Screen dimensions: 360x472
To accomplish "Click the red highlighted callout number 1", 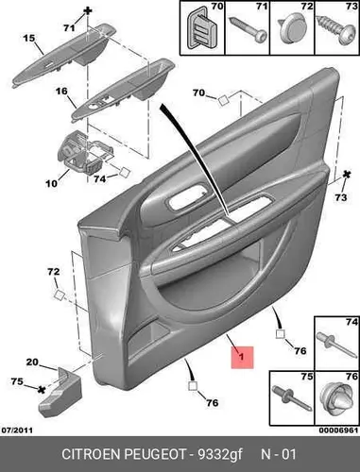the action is tap(242, 357).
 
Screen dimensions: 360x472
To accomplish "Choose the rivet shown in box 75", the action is tap(292, 397).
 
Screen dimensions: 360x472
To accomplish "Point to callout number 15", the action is tap(29, 39).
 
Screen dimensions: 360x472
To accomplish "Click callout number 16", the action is tap(61, 92).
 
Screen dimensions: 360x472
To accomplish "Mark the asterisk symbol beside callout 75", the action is tap(41, 390).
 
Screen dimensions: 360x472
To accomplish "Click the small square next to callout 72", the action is tap(60, 295).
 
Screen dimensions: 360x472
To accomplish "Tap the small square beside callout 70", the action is tap(223, 101).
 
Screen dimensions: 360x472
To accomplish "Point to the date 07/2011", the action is tap(18, 430).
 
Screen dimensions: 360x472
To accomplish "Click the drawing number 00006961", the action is tap(339, 430).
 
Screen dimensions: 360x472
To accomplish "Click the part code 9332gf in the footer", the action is tap(220, 455).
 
